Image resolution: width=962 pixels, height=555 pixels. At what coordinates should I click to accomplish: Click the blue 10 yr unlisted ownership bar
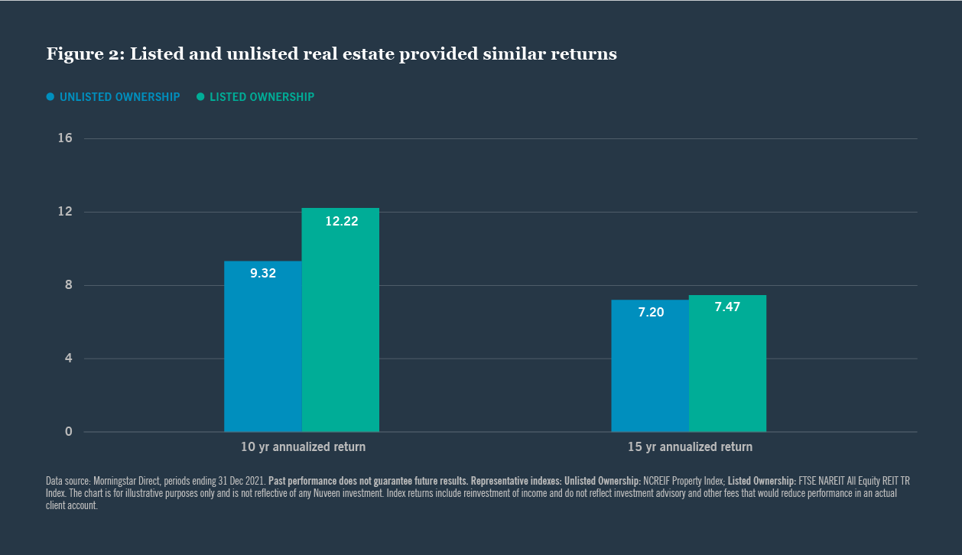click(x=263, y=352)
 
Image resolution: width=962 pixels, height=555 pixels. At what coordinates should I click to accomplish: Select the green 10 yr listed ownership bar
click(x=340, y=329)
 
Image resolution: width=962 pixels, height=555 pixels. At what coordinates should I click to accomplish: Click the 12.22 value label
click(x=341, y=222)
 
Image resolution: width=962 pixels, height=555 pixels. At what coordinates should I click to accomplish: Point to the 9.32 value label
click(x=263, y=273)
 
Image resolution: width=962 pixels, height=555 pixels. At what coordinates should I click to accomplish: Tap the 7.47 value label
click(x=727, y=307)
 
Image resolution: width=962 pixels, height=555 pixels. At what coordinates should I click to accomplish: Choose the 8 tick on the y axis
click(x=68, y=285)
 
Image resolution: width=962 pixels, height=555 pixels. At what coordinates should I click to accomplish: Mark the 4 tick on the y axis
click(x=68, y=359)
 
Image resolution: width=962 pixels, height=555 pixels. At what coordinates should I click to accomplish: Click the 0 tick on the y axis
click(x=68, y=432)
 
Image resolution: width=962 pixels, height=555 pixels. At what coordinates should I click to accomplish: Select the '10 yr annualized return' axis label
click(x=303, y=447)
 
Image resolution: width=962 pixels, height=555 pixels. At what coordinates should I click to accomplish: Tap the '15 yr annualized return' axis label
click(x=690, y=447)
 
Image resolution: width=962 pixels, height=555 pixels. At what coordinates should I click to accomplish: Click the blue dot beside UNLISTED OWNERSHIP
click(x=50, y=97)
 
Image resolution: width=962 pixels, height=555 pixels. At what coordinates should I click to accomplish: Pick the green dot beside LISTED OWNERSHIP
click(x=200, y=97)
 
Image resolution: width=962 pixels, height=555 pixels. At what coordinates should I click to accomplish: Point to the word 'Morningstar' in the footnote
click(x=117, y=481)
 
